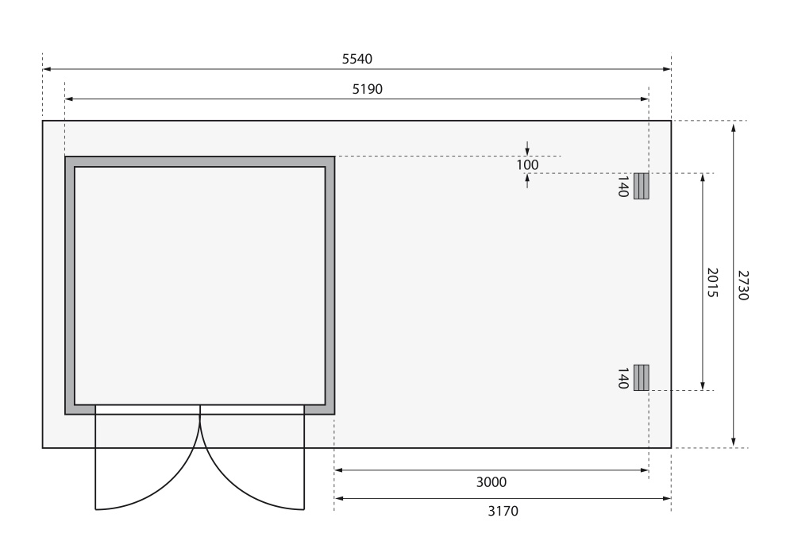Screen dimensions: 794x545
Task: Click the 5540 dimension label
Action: tap(357, 60)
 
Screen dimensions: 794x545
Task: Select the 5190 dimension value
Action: tap(367, 89)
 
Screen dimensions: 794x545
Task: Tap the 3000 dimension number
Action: tap(491, 482)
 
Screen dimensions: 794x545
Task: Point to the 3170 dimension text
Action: tap(503, 511)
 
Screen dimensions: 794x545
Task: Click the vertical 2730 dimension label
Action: tap(743, 285)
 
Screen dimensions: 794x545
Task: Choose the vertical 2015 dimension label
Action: tap(712, 283)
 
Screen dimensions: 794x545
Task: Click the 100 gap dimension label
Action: tap(527, 165)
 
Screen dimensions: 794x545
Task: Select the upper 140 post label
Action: tap(623, 187)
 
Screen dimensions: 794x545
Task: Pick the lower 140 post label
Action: tap(623, 378)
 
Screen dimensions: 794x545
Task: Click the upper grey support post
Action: tap(642, 186)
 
